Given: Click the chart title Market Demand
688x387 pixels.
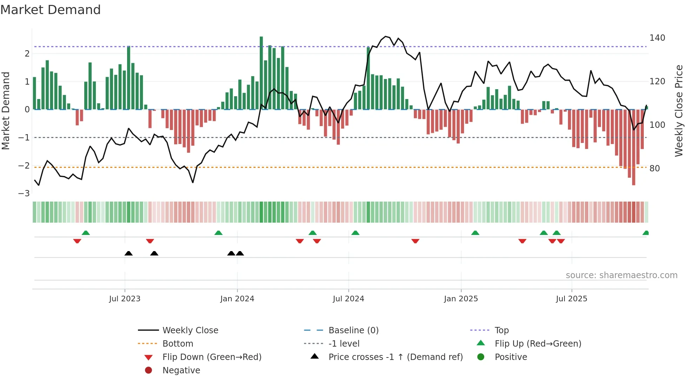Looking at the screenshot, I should (x=51, y=10).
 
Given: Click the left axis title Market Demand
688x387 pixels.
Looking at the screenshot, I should (x=6, y=111).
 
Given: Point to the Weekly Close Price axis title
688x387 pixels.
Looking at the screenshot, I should (x=679, y=111).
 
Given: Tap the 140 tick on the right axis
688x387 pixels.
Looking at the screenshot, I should (x=657, y=38).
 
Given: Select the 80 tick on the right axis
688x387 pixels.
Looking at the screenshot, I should (x=655, y=169).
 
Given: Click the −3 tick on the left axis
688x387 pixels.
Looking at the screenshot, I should (x=24, y=193).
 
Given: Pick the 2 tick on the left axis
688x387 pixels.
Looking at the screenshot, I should (x=27, y=54).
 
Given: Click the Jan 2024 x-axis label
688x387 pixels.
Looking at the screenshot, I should (x=237, y=299).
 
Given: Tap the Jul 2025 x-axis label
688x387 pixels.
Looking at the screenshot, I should (x=571, y=299).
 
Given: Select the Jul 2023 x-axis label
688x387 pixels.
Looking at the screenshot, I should (x=125, y=299).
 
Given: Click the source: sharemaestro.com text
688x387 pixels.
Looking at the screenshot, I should (x=621, y=275).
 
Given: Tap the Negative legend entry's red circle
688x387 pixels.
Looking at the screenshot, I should (x=148, y=370).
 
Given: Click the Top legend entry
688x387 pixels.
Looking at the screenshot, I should (x=502, y=330).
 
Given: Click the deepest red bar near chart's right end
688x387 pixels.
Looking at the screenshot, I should (x=634, y=147).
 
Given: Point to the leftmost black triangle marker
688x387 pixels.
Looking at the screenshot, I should (x=128, y=253).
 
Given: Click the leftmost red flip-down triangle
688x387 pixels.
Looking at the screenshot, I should (x=77, y=241).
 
